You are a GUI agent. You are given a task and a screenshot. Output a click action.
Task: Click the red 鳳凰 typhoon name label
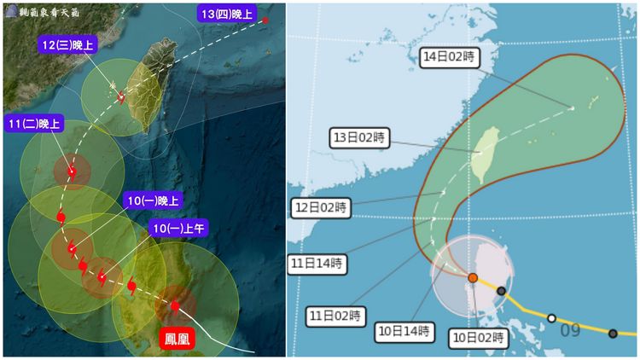click(178, 339)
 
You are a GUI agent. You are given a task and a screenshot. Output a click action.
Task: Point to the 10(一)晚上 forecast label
click(154, 201)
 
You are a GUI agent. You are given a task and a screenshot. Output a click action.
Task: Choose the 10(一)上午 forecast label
click(179, 228)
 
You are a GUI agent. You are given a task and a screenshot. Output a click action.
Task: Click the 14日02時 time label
click(451, 58)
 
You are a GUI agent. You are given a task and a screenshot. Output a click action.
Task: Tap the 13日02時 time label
click(361, 137)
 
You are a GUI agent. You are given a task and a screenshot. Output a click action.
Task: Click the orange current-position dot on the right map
click(473, 277)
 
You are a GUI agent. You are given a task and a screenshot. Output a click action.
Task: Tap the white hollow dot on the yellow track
click(552, 318)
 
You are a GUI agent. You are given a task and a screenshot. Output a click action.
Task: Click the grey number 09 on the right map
click(570, 330)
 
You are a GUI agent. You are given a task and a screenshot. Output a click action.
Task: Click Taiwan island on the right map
click(486, 154)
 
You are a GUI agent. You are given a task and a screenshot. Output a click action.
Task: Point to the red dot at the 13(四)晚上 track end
click(265, 20)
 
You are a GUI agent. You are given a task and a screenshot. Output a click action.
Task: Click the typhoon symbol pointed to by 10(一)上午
click(102, 277)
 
